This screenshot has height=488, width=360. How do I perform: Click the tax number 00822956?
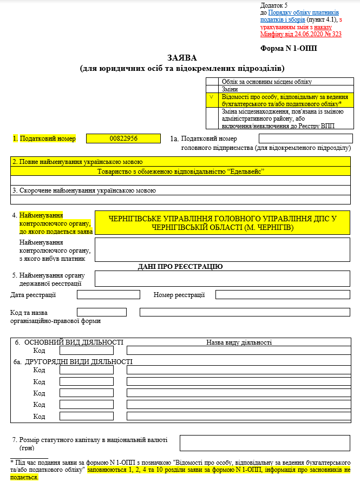(123, 139)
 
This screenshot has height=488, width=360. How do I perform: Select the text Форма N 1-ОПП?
(289, 48)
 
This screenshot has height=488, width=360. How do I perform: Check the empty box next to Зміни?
(212, 89)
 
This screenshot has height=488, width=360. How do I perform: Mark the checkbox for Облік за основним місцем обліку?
(212, 82)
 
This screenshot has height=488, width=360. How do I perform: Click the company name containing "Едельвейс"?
(180, 171)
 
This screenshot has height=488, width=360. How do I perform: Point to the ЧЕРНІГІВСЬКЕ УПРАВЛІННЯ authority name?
(222, 223)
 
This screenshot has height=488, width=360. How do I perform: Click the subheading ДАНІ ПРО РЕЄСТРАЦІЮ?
(181, 266)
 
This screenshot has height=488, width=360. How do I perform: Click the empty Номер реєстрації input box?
(283, 295)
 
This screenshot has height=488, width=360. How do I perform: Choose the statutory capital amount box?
(265, 443)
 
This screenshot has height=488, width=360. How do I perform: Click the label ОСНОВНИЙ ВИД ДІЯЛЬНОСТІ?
(74, 342)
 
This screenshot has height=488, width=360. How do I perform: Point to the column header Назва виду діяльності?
(239, 342)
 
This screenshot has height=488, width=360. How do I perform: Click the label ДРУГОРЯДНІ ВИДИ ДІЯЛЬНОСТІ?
(78, 362)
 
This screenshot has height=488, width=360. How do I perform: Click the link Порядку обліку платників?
(304, 12)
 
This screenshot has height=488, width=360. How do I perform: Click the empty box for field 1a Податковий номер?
(305, 139)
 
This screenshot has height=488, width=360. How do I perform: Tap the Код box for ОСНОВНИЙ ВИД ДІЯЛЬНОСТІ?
(87, 351)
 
